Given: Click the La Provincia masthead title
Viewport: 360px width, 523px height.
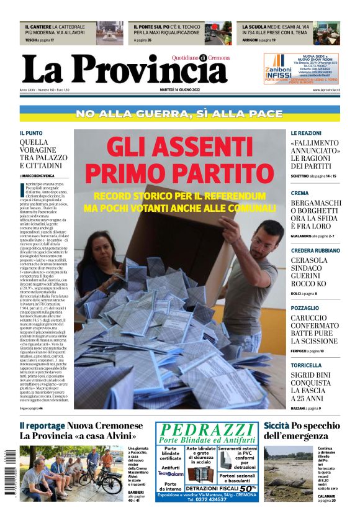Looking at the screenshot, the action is coord(124,70).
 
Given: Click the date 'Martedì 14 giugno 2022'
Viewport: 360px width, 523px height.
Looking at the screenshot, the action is coord(179,90).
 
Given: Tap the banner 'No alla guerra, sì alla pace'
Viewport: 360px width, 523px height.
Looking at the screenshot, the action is coord(179,114).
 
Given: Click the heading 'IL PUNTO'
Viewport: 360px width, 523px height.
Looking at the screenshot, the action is coord(31,133).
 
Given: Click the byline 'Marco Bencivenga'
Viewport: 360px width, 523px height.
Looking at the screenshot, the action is coord(38,176).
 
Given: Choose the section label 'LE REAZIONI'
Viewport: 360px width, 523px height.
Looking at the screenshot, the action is coord(306,133).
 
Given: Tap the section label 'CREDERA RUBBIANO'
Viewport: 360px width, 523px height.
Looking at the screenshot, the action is coord(316,250).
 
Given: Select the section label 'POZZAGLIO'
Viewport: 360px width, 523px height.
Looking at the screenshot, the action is coord(305,307).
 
